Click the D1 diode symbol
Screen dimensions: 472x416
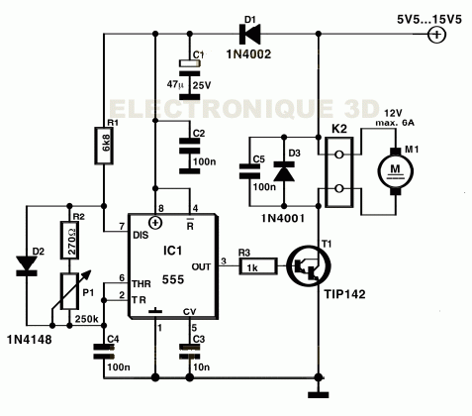[249, 34]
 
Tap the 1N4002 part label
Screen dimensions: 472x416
[248, 54]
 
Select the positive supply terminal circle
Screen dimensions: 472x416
[436, 35]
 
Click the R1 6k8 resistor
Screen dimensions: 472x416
[104, 146]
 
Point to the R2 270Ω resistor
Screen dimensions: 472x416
[69, 240]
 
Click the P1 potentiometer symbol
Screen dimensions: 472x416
[70, 291]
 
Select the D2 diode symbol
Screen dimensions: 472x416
[27, 265]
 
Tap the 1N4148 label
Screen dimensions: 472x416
[30, 340]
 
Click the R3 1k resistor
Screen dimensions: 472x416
[258, 266]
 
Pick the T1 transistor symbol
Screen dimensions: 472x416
[309, 266]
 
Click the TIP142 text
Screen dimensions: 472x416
[345, 294]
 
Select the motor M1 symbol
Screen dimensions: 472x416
[395, 171]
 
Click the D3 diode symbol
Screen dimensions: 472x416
[284, 171]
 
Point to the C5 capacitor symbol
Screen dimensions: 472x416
[249, 171]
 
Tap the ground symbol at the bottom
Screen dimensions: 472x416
[319, 394]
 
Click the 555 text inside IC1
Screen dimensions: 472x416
[173, 280]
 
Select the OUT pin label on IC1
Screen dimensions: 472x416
[201, 266]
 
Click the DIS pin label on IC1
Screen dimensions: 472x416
[141, 235]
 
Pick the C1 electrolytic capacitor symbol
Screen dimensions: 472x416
[190, 79]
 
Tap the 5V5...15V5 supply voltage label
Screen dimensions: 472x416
[429, 20]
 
